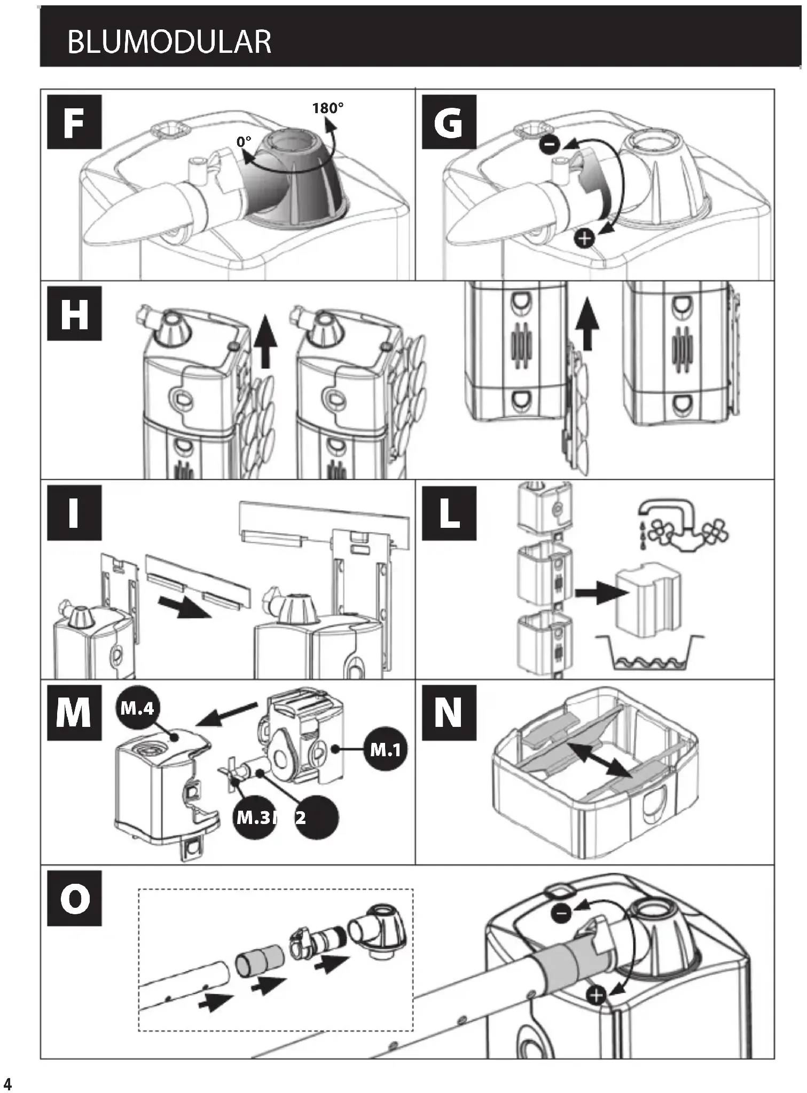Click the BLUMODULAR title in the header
tap(169, 42)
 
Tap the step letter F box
tap(74, 122)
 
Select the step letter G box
tap(449, 122)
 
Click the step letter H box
tap(74, 313)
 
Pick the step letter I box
tap(74, 513)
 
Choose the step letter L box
tap(449, 513)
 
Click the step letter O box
tap(74, 898)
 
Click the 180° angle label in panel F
tap(327, 108)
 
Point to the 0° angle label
tap(244, 141)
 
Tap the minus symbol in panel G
tap(550, 144)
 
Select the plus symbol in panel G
tap(585, 238)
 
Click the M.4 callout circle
tap(137, 708)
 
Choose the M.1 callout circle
tap(385, 750)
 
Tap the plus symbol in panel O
tap(596, 995)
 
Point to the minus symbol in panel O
tap(561, 914)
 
